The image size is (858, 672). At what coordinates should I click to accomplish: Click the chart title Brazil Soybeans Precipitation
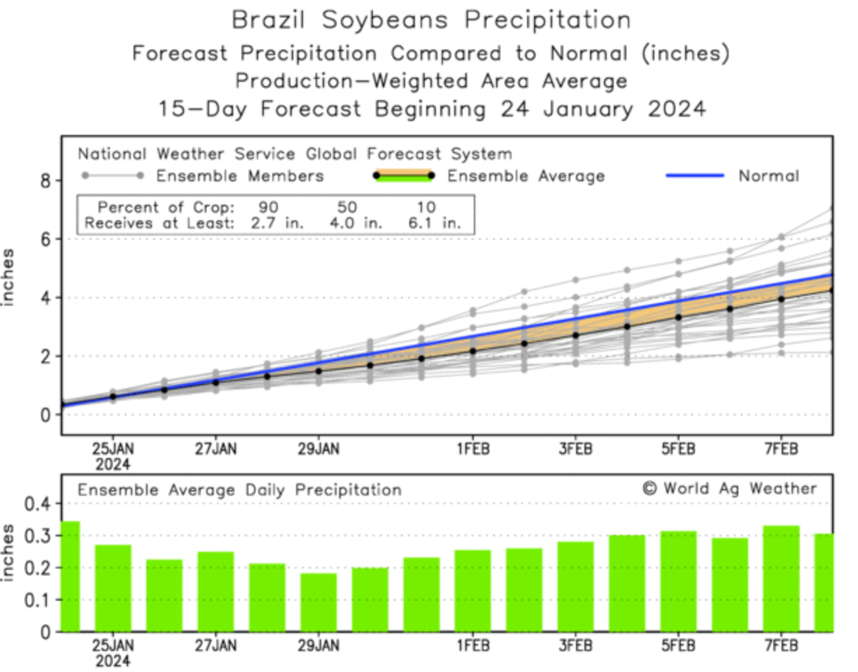coord(430,20)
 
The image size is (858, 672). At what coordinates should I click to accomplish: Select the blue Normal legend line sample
coord(694,176)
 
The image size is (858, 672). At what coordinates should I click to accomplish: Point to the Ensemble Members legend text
coord(239,176)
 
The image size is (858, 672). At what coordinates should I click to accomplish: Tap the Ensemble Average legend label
coord(526,176)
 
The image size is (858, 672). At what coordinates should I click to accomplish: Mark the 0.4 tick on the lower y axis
coord(38,503)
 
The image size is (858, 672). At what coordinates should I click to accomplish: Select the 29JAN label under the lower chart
coord(318,645)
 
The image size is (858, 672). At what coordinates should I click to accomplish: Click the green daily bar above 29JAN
coord(318,602)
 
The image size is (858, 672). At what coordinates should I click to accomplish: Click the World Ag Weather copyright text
coord(729,488)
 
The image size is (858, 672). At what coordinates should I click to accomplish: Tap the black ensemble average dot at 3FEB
coord(575,335)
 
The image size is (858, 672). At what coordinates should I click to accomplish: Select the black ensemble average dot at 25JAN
coord(113,396)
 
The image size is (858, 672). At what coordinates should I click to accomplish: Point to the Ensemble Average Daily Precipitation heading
coord(239,490)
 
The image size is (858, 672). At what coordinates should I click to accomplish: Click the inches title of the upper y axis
coord(9,277)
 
